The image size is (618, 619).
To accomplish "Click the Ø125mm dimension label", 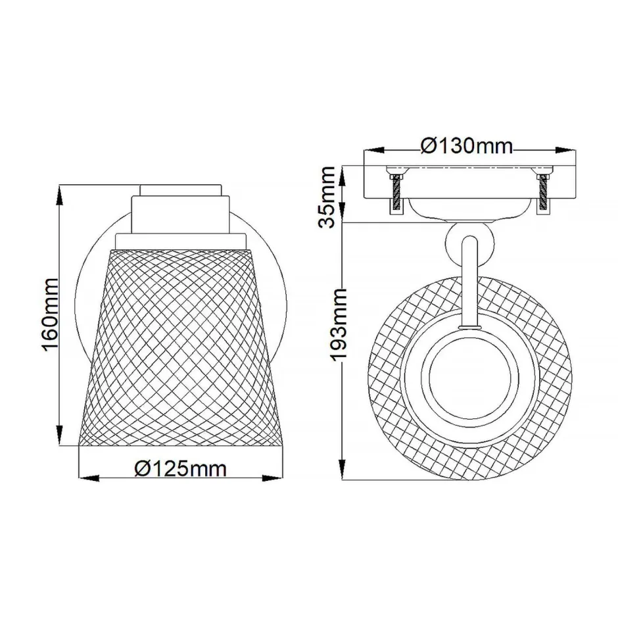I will (x=180, y=468).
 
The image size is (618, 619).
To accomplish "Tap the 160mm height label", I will (x=51, y=314).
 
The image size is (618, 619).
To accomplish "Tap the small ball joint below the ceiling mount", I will (x=469, y=241).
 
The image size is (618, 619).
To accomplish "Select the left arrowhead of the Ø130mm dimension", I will (x=368, y=151).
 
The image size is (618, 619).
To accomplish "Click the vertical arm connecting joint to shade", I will (x=469, y=283).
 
